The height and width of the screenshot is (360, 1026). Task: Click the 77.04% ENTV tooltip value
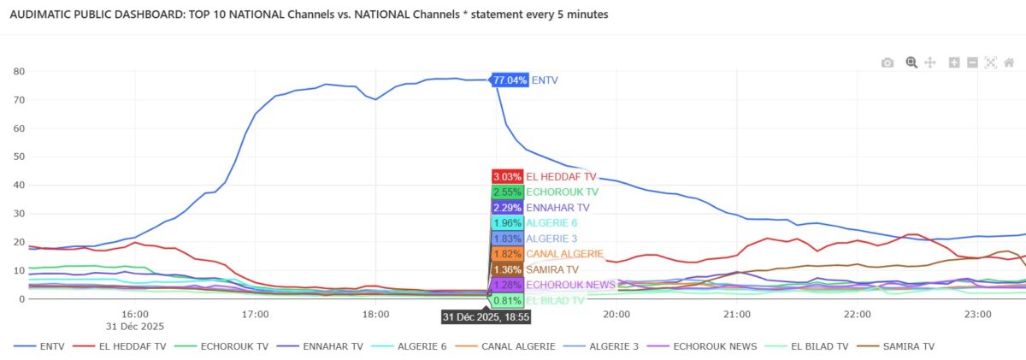[510, 80]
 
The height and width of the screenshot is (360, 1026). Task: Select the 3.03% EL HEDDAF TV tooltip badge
[507, 176]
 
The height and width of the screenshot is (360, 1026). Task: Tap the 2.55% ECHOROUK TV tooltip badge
[507, 192]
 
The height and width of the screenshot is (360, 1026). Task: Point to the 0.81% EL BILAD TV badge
[507, 300]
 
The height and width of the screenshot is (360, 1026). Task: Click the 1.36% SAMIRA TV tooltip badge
[507, 269]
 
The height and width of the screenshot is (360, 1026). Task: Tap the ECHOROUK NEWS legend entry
[707, 346]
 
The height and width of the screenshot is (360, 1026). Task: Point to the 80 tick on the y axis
[18, 72]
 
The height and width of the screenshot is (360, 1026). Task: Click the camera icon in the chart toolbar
[887, 62]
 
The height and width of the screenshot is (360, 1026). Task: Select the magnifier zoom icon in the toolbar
[911, 62]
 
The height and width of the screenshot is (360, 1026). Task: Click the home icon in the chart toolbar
[1010, 62]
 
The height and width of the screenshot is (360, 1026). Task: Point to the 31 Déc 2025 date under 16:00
[135, 327]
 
